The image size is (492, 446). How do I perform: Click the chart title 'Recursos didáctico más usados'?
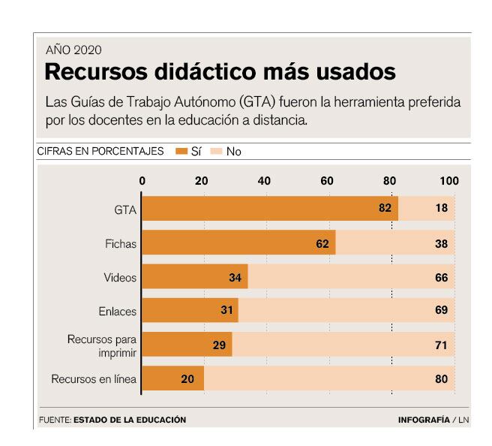pos(220,73)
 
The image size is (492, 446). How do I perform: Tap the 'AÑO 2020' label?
pos(73,50)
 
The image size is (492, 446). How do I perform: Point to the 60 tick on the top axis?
pos(327,181)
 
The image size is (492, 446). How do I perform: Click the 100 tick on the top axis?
pos(448,181)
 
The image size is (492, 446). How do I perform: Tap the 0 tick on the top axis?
pos(142,181)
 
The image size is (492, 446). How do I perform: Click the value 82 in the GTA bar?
pos(385,208)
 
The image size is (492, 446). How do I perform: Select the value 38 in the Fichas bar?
pos(441,243)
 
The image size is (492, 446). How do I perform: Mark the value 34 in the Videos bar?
pos(235,278)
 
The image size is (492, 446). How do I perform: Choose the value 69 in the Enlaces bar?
pos(441,310)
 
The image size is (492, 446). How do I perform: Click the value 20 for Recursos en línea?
pos(188,379)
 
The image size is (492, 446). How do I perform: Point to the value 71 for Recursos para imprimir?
pos(441,345)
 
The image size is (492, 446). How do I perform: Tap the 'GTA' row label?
pos(125,209)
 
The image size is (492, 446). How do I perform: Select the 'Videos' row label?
pos(120,278)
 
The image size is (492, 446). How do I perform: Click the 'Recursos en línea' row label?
pos(94,379)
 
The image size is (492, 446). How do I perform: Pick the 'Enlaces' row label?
pos(118,311)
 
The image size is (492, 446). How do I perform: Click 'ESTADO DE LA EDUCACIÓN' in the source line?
pos(130,420)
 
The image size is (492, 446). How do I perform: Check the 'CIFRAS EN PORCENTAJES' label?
pos(100,152)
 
